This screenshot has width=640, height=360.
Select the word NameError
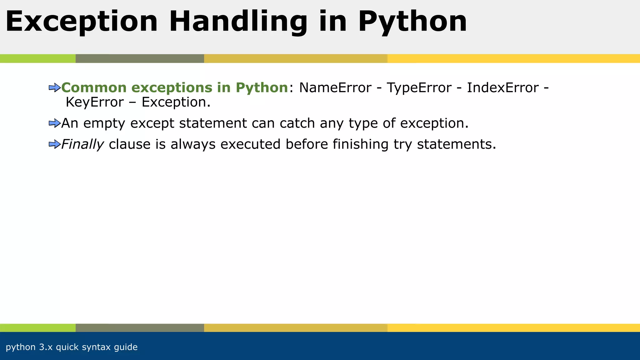click(x=335, y=88)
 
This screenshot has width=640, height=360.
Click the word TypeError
click(x=419, y=88)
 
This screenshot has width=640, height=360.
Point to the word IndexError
click(x=503, y=88)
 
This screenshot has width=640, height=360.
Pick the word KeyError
click(x=95, y=102)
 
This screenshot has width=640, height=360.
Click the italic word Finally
click(x=82, y=144)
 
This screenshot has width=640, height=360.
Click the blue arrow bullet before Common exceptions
click(x=55, y=88)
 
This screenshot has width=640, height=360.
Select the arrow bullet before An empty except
click(x=55, y=123)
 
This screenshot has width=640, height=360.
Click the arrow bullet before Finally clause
click(x=55, y=144)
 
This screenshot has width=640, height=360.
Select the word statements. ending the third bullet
click(x=457, y=144)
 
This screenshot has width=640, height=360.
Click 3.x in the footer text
click(x=46, y=347)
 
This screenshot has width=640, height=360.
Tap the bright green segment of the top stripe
click(x=37, y=58)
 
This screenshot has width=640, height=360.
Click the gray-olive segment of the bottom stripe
click(x=140, y=328)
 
